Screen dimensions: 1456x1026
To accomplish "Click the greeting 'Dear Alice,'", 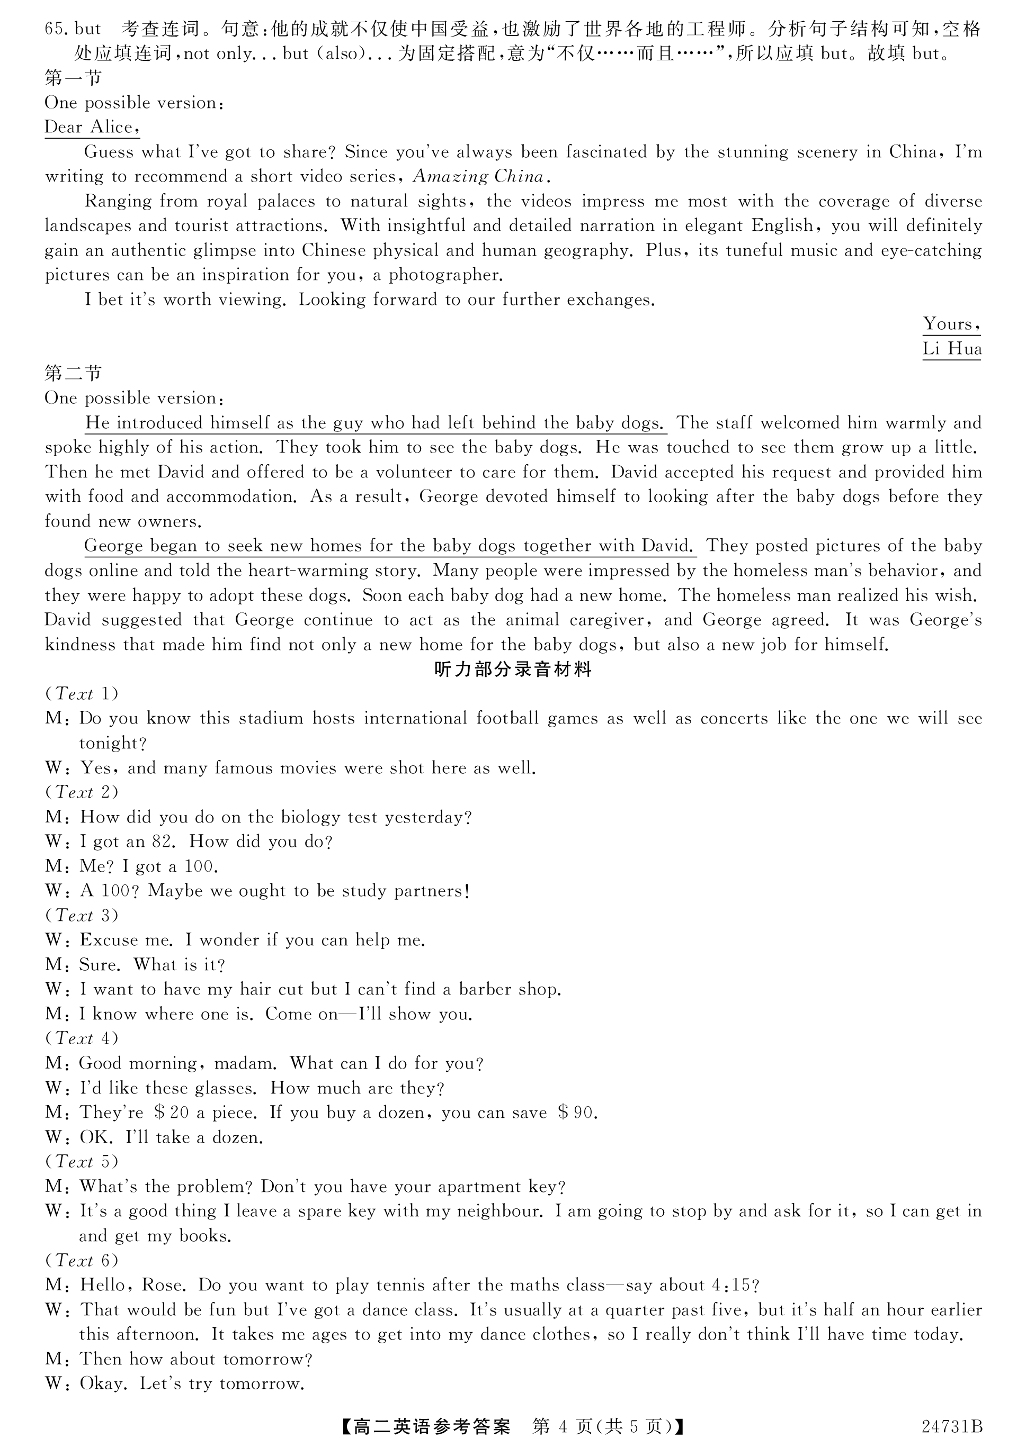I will pos(91,128).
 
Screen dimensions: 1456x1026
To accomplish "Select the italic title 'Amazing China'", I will pos(478,177).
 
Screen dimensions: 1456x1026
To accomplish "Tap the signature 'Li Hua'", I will pos(951,349).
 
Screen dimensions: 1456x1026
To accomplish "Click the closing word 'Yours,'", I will pos(951,324).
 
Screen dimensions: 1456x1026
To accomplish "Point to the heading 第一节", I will pos(73,79).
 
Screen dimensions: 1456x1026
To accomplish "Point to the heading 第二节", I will pos(73,374).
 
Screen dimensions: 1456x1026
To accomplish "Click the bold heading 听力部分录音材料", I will pos(513,670).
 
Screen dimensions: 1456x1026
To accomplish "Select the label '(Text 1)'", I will pos(81,694).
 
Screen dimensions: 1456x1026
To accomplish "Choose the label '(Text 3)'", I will pos(81,915).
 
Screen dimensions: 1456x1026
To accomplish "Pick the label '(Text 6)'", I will pos(81,1260).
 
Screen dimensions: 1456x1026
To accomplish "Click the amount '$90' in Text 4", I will pos(576,1113).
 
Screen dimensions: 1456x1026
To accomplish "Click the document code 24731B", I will pos(951,1426).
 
